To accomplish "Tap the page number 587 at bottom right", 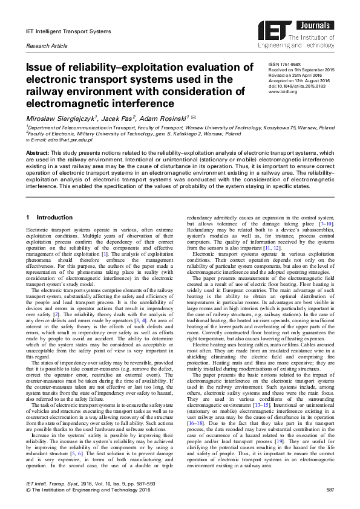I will coord(330,489).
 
